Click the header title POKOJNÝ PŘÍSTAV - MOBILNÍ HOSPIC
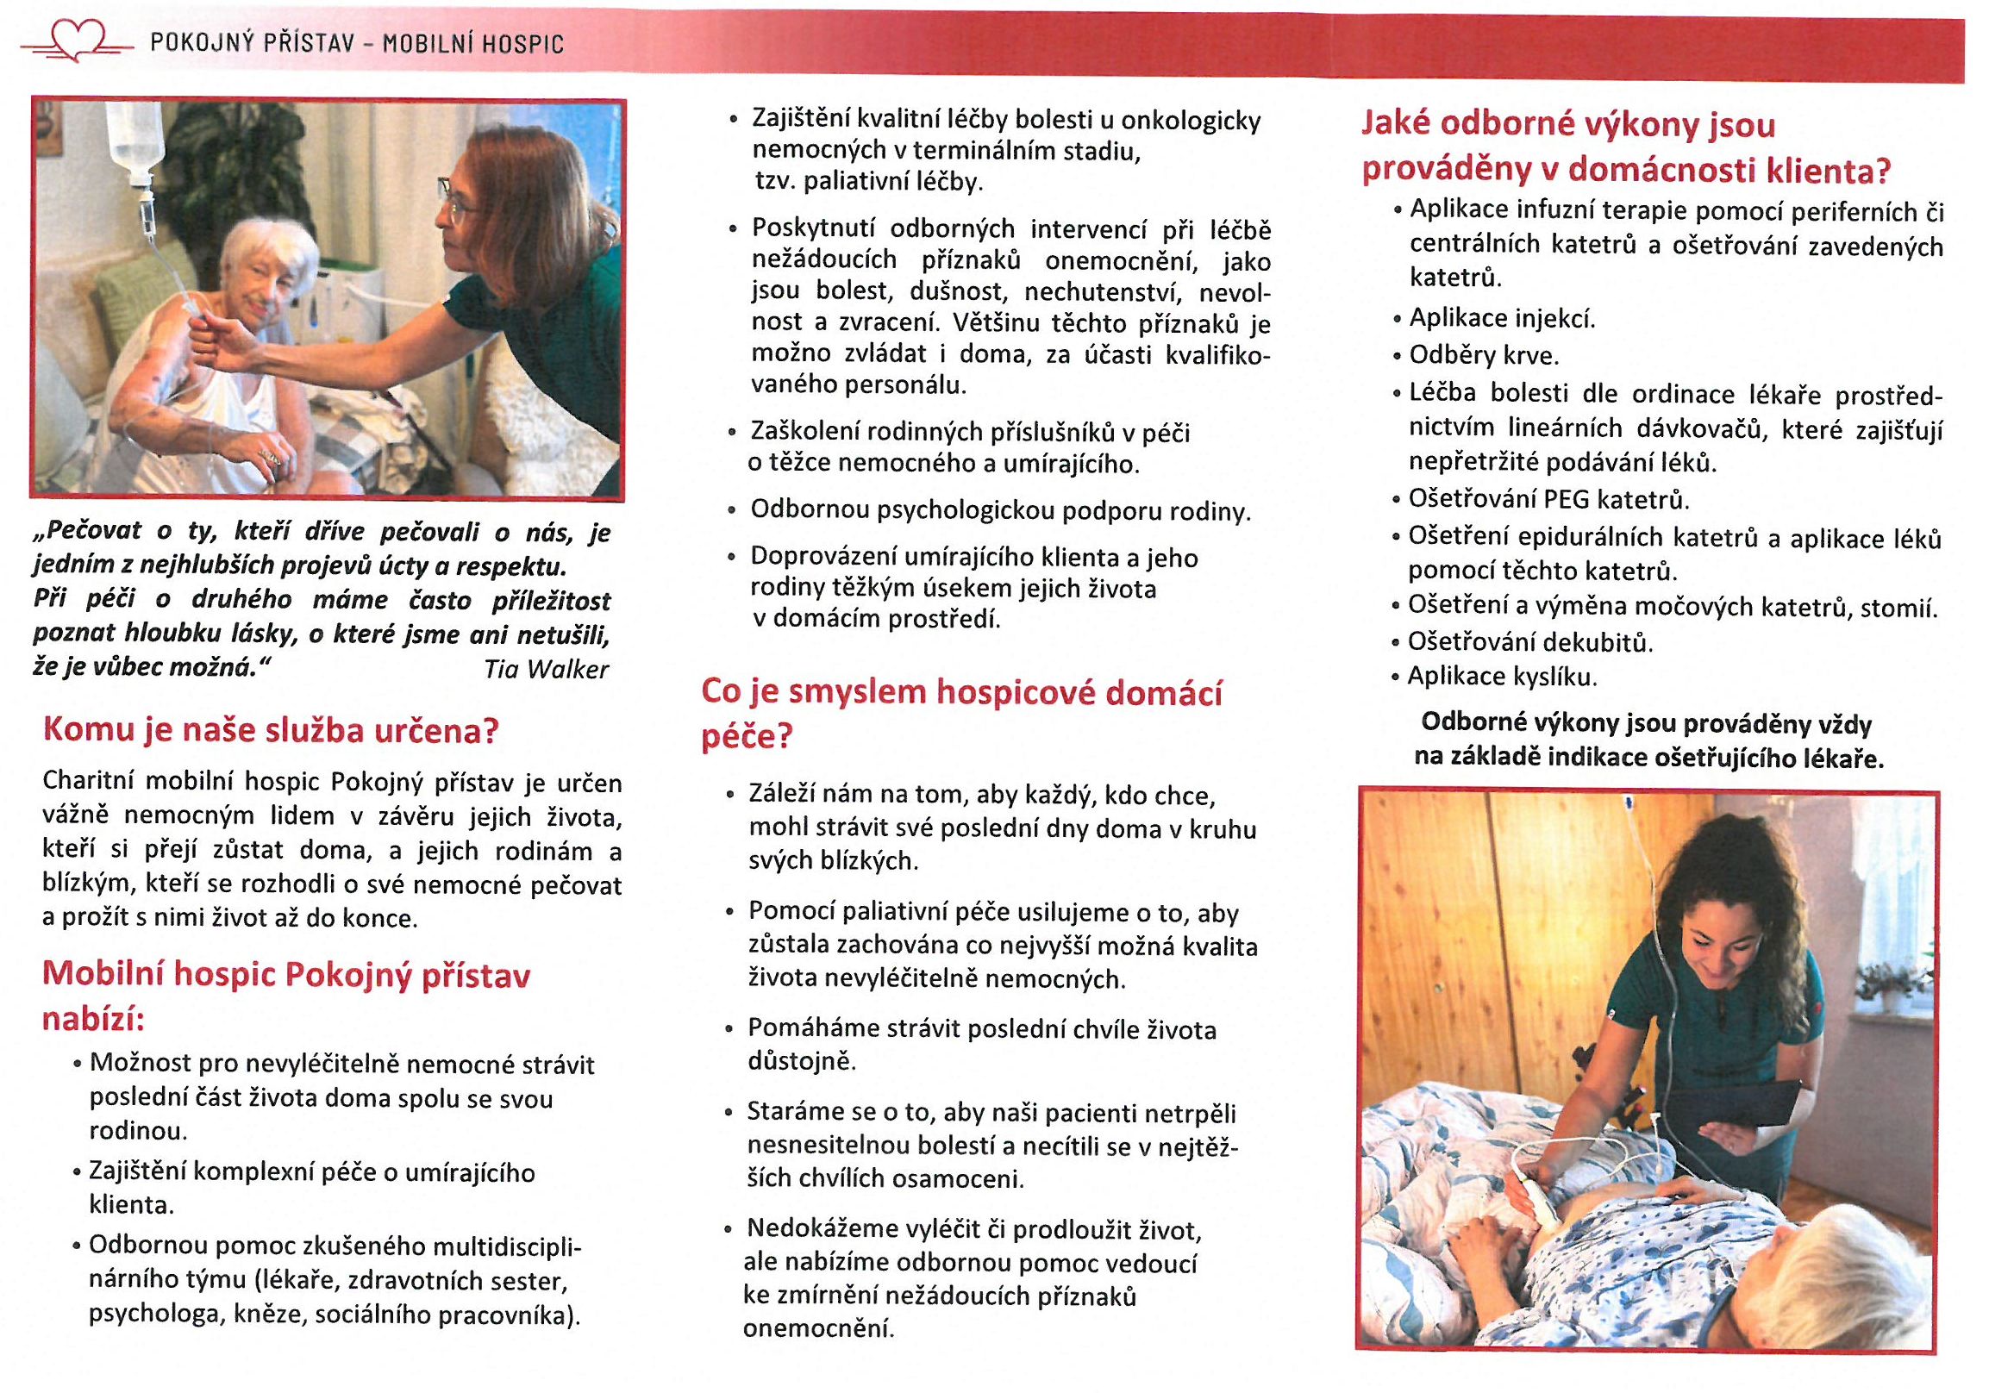tap(357, 43)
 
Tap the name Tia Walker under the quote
tap(546, 670)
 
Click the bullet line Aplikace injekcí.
tap(1501, 319)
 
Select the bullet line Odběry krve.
tap(1483, 356)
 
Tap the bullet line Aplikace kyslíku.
tap(1501, 677)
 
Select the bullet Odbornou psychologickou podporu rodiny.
tap(1001, 511)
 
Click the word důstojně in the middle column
tap(801, 1062)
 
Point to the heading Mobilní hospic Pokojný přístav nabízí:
tap(286, 997)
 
